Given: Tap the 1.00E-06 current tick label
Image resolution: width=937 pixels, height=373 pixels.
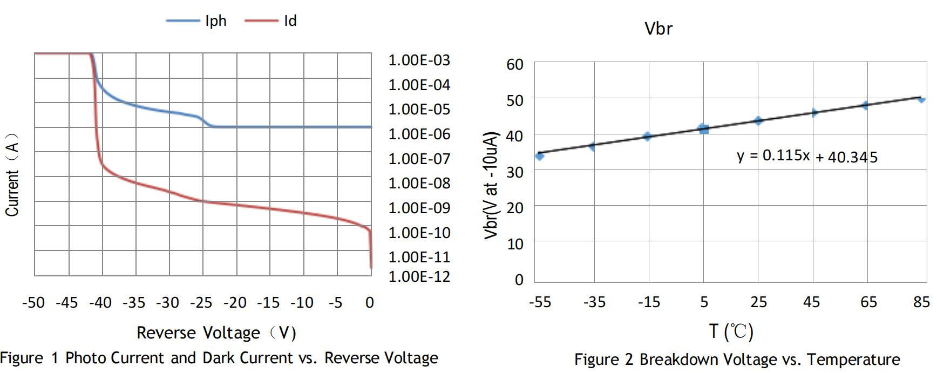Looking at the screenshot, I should [419, 134].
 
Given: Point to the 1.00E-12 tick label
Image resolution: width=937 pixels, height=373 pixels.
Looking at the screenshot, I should [419, 276].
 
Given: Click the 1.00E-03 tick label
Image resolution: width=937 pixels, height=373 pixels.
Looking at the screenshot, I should [419, 60].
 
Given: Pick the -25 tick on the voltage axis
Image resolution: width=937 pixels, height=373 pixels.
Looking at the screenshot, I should [201, 302].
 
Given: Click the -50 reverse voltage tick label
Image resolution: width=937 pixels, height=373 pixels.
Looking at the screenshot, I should [33, 302].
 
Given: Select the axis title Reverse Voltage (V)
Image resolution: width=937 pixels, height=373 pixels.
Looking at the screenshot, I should [216, 333].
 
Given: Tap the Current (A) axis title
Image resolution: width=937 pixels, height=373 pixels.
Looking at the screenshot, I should [12, 174].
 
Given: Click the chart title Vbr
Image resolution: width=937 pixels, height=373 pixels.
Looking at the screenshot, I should [658, 29].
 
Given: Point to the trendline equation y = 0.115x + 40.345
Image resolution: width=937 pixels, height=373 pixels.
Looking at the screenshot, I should [807, 156].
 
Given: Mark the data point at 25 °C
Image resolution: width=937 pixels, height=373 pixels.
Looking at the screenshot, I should [758, 120].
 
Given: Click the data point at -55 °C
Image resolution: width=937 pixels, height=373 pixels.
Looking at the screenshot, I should [539, 155].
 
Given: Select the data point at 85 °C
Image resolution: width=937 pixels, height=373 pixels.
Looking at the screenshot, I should [921, 99].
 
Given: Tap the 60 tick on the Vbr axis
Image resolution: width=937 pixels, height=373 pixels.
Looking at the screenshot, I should [515, 64].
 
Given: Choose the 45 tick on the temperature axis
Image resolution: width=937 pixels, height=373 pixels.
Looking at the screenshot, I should [811, 302].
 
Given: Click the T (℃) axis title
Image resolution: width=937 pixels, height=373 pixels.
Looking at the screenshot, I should [731, 331].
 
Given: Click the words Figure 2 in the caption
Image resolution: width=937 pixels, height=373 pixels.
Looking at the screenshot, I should [603, 360].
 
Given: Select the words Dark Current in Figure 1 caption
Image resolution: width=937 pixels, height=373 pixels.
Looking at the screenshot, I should [248, 358].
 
